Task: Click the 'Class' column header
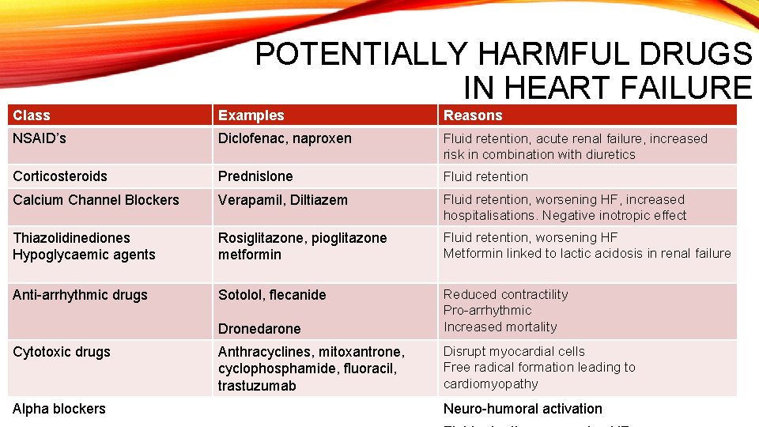click(32, 115)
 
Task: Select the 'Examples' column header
click(251, 115)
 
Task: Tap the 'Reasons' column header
click(473, 115)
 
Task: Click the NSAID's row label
click(40, 138)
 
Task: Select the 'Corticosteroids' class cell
click(60, 176)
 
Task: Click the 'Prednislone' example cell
click(255, 176)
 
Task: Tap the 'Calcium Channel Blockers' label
click(96, 200)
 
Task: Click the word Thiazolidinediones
click(72, 238)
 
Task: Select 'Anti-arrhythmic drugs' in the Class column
click(80, 295)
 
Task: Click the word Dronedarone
click(259, 329)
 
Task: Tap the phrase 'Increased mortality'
click(500, 327)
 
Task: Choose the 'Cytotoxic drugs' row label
click(62, 352)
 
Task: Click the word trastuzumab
click(257, 386)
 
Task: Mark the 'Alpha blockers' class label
click(59, 409)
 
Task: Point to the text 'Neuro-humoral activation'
click(523, 409)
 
